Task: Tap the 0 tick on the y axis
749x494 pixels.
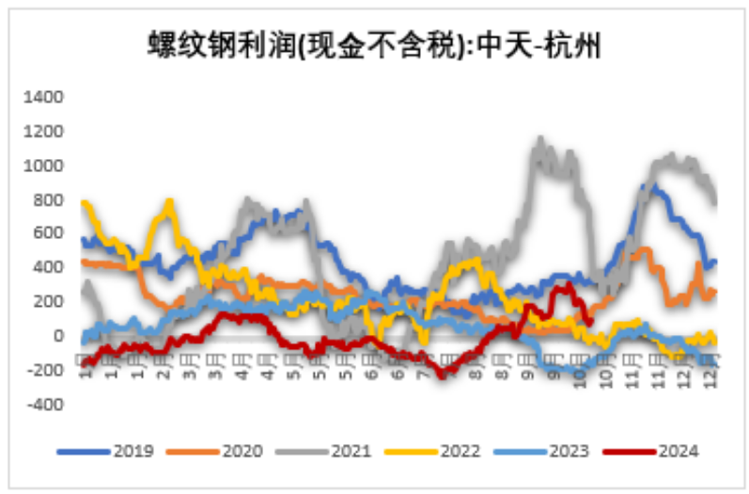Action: click(57, 336)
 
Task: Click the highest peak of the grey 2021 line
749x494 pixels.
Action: click(539, 139)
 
